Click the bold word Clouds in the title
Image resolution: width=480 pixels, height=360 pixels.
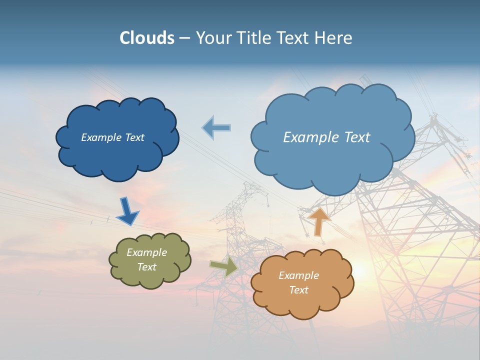146,38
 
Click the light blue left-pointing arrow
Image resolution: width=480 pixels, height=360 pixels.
216,127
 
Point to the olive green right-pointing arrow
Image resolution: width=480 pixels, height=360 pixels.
224,266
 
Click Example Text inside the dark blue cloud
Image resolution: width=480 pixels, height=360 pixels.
112,137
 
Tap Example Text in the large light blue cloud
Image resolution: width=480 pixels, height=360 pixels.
326,137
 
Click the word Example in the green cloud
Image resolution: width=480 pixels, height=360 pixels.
146,252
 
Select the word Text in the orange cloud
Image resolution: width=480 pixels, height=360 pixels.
298,290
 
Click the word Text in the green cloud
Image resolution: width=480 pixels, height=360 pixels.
146,267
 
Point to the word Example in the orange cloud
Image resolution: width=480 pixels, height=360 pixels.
298,275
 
